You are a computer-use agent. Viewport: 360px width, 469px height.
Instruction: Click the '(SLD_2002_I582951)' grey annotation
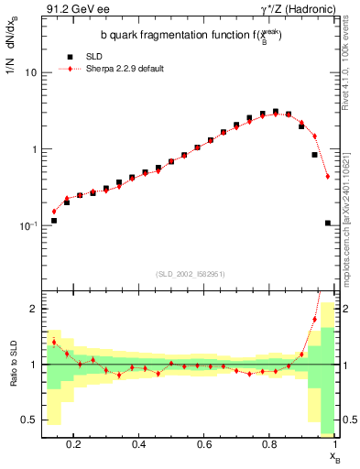point(190,274)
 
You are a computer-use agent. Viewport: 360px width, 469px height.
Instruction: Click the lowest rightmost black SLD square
point(328,223)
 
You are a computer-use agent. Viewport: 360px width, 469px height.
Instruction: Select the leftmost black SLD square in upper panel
point(54,221)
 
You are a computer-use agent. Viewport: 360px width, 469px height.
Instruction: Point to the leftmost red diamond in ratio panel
point(54,342)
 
